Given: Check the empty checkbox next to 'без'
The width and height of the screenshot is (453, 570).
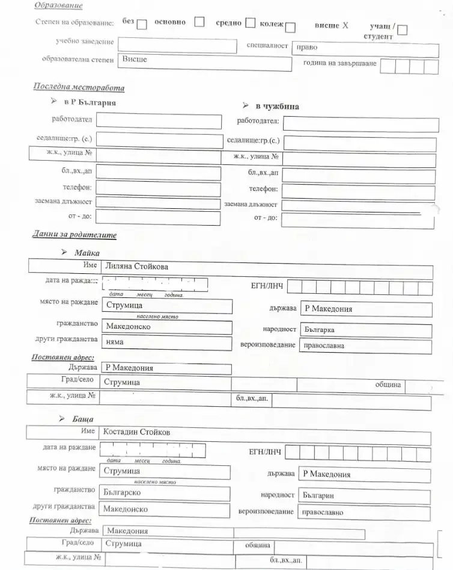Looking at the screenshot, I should pyautogui.click(x=142, y=25).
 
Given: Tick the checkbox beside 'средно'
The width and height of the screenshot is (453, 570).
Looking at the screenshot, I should pyautogui.click(x=250, y=24).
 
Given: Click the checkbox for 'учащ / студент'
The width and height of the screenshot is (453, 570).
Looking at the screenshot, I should pyautogui.click(x=403, y=29).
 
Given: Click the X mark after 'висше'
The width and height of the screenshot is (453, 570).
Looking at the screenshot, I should pyautogui.click(x=345, y=26).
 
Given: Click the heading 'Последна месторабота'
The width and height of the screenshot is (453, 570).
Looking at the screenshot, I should pyautogui.click(x=79, y=88).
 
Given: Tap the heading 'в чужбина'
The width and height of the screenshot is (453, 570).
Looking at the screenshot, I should pyautogui.click(x=277, y=107).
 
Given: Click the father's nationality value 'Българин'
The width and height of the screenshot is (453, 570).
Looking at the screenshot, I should pyautogui.click(x=318, y=495).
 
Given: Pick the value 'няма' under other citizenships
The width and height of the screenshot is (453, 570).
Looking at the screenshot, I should pyautogui.click(x=114, y=342).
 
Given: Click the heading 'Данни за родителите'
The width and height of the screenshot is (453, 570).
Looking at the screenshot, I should pyautogui.click(x=74, y=235).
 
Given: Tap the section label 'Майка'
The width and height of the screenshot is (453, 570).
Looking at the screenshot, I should pyautogui.click(x=87, y=253).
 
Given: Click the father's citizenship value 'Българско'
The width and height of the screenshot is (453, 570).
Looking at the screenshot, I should pyautogui.click(x=122, y=492).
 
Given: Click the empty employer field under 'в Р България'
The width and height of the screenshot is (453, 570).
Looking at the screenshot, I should pyautogui.click(x=159, y=120).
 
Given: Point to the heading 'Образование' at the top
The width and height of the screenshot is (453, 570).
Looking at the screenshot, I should pyautogui.click(x=58, y=5).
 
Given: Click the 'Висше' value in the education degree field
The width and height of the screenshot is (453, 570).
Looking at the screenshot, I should pyautogui.click(x=135, y=60).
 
